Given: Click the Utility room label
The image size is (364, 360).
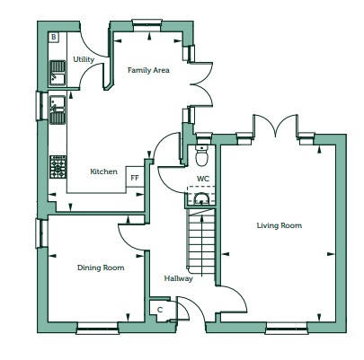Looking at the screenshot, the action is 84,59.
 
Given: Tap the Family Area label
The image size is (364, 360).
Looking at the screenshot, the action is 148,70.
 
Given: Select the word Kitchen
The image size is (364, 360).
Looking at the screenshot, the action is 103,171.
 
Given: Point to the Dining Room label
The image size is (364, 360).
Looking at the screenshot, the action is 101,268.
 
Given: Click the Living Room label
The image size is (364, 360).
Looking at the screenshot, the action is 280,225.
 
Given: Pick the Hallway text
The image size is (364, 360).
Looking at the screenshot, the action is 178,278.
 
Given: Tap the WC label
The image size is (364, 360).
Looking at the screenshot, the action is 203,179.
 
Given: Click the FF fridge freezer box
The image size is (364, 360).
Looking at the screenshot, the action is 135,177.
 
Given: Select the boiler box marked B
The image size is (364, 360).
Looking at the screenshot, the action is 54,37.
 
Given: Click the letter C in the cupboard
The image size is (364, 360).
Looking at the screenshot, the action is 160,310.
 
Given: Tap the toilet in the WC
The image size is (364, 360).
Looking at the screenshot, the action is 202,155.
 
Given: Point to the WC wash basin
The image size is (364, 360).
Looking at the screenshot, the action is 201,198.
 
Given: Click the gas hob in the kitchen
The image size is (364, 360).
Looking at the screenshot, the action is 58,167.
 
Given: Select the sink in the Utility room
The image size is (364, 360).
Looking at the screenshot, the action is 58,73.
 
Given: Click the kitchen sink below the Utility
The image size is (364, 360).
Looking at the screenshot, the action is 58,110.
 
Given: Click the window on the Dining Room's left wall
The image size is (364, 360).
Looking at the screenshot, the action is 41,233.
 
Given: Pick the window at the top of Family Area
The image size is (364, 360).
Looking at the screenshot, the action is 146,25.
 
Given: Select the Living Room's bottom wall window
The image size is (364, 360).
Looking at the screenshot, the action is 287,328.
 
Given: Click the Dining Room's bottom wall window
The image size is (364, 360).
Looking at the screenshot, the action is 98,328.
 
